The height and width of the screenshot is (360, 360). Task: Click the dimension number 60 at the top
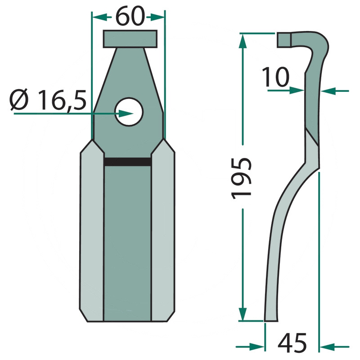pyautogui.click(x=130, y=16)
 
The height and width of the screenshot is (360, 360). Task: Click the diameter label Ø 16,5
pyautogui.click(x=48, y=100)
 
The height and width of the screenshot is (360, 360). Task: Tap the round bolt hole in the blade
pyautogui.click(x=129, y=112)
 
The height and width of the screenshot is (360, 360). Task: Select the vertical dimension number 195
pyautogui.click(x=241, y=178)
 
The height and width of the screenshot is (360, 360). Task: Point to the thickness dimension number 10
pyautogui.click(x=275, y=77)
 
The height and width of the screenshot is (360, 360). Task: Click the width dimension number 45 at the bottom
pyautogui.click(x=292, y=343)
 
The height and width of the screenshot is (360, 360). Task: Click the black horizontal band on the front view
pyautogui.click(x=128, y=162)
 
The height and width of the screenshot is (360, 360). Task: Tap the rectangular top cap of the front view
pyautogui.click(x=130, y=39)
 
